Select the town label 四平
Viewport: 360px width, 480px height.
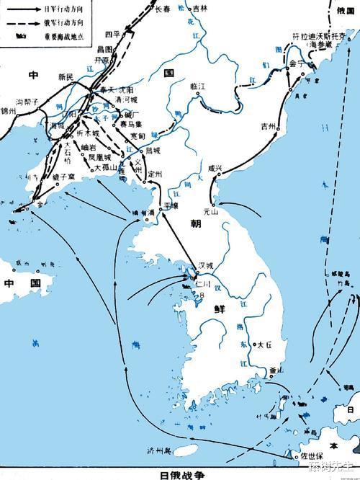pos(111,35)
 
